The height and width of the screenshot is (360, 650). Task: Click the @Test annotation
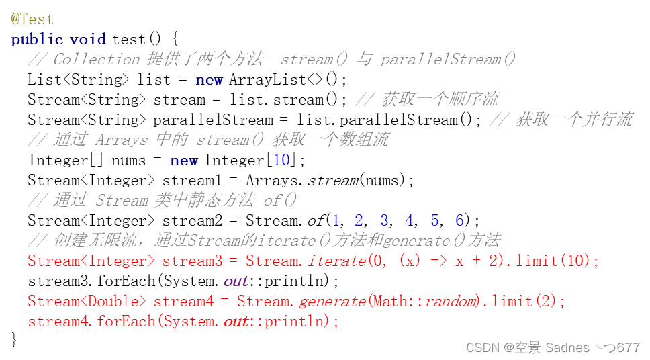pyautogui.click(x=32, y=19)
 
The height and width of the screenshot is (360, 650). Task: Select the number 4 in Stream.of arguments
pyautogui.click(x=409, y=220)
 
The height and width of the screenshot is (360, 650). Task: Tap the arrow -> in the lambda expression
pyautogui.click(x=438, y=261)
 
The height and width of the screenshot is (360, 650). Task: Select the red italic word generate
pyautogui.click(x=332, y=301)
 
